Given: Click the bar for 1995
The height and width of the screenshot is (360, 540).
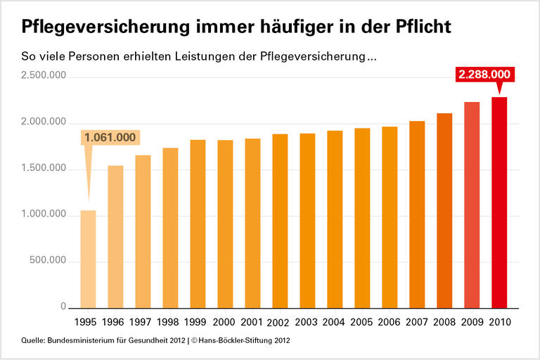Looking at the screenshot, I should coord(88,259).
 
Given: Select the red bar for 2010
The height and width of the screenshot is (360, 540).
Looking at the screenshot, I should coord(499,202).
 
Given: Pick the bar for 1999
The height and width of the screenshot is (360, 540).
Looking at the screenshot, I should coord(198,224).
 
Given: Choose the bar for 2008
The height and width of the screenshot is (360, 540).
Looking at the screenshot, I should coord(444,210).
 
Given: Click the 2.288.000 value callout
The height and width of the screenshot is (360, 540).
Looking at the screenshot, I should coord(485,75).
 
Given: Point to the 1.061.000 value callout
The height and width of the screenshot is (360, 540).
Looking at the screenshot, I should coord(110,138).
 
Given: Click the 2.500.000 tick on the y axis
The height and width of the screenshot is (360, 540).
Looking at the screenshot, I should coord(44,75).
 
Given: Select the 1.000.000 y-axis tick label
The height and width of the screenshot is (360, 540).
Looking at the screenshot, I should coord(44,214).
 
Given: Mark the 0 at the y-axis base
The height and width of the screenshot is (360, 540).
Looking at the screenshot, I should coord(63,307).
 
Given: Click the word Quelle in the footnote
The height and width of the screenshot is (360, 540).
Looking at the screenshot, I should coord(33,341).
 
